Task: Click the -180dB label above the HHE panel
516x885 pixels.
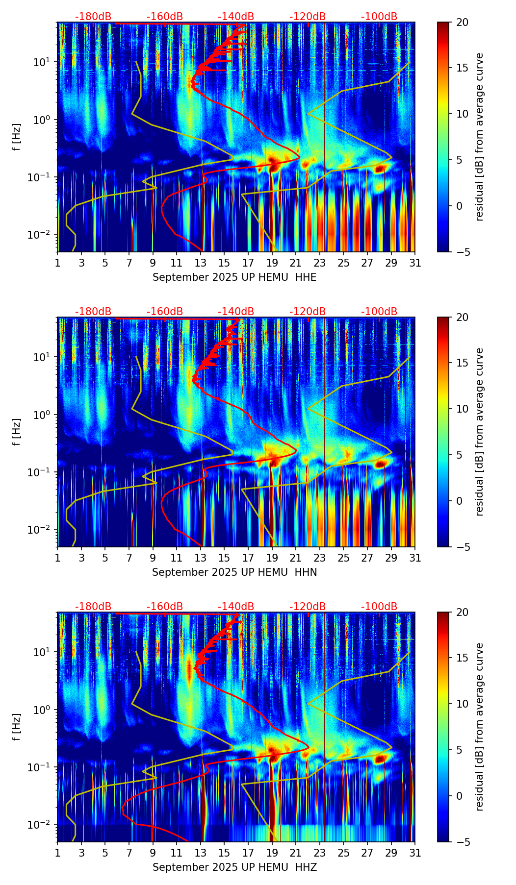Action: tap(93, 17)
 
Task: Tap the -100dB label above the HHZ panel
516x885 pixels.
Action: tap(379, 607)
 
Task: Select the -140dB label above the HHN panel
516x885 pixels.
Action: tap(236, 312)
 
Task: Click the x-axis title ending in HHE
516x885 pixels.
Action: tap(234, 277)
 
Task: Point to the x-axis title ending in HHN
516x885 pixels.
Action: tap(234, 572)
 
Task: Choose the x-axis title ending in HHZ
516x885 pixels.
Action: tap(234, 867)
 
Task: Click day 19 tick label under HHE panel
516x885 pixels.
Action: tap(272, 263)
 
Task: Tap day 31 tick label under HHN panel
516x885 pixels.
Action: tap(415, 558)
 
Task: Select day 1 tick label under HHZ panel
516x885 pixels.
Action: tap(57, 853)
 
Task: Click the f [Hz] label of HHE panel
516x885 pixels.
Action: tap(17, 137)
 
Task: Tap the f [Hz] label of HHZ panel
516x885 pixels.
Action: tap(17, 727)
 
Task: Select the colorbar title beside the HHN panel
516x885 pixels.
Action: tap(480, 432)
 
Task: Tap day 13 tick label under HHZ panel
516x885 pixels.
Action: tap(201, 853)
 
